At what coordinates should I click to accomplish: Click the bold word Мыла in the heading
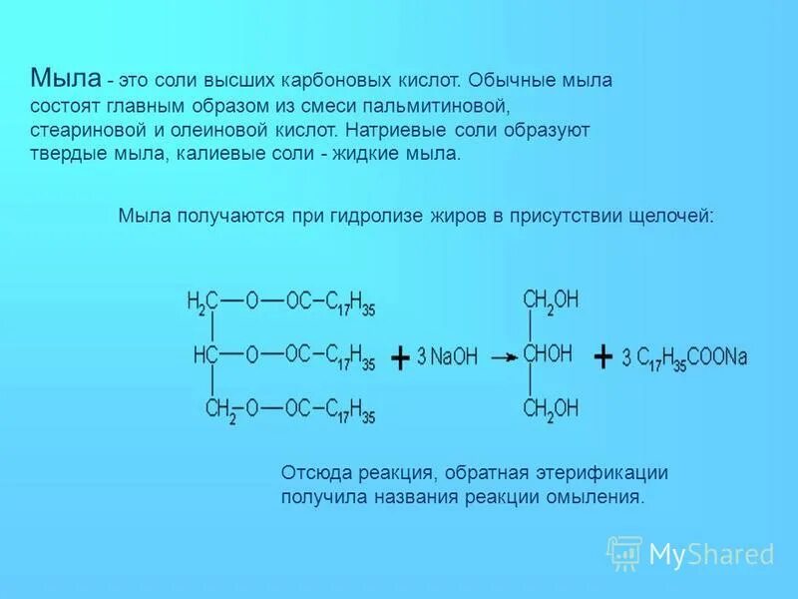[x=65, y=78]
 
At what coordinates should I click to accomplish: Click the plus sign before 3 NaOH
[x=399, y=357]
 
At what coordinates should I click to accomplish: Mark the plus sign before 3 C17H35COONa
[x=602, y=356]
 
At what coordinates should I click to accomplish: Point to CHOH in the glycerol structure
[x=548, y=353]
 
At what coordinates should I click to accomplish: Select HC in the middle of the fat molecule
[x=205, y=354]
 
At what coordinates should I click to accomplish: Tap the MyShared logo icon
[x=624, y=552]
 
